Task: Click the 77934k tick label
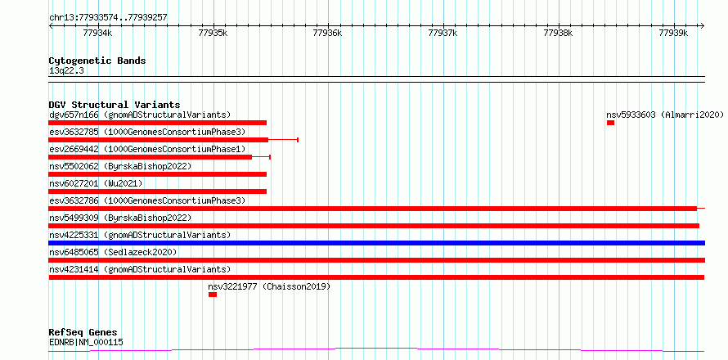pyautogui.click(x=97, y=33)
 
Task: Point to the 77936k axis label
pyautogui.click(x=328, y=33)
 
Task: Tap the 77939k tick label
pyautogui.click(x=673, y=33)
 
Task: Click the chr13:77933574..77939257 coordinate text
pyautogui.click(x=108, y=18)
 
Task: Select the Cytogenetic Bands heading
pyautogui.click(x=97, y=61)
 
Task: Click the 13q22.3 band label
pyautogui.click(x=66, y=71)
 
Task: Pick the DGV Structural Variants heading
pyautogui.click(x=115, y=105)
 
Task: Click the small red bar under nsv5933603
pyautogui.click(x=610, y=123)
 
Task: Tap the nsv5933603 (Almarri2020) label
pyautogui.click(x=665, y=115)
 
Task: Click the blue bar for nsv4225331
pyautogui.click(x=376, y=243)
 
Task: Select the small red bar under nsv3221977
pyautogui.click(x=213, y=295)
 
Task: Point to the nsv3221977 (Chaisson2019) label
pyautogui.click(x=269, y=286)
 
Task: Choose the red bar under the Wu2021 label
pyautogui.click(x=157, y=191)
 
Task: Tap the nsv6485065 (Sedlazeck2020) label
pyautogui.click(x=113, y=252)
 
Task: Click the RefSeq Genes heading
pyautogui.click(x=83, y=333)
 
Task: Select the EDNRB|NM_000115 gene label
pyautogui.click(x=86, y=343)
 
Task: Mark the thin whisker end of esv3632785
pyautogui.click(x=298, y=140)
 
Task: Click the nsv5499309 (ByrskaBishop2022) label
pyautogui.click(x=120, y=218)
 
